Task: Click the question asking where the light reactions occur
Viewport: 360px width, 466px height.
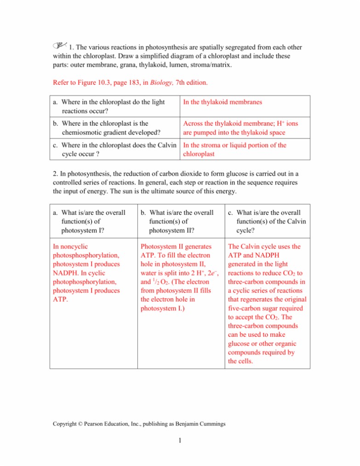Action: click(x=109, y=106)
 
